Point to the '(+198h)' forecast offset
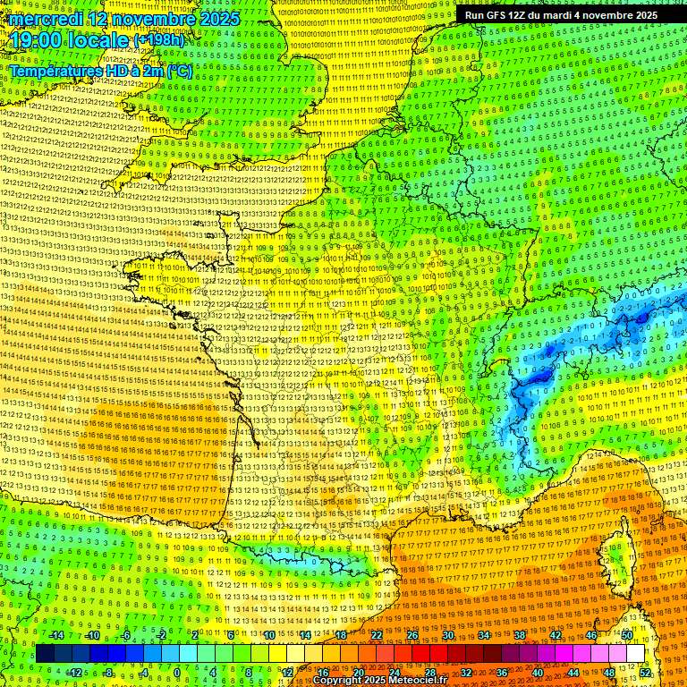[x=159, y=40]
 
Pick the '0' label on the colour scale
[x=177, y=673]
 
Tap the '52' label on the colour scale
[x=645, y=673]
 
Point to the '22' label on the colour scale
[x=377, y=635]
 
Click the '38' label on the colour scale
[x=520, y=635]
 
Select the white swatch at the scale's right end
[x=635, y=654]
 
